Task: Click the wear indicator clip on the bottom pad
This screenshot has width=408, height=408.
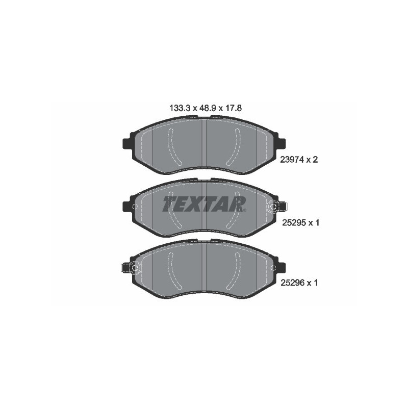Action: point(134,267)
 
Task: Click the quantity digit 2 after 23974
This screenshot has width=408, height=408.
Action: point(316,160)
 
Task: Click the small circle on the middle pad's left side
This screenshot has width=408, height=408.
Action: point(135,207)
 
